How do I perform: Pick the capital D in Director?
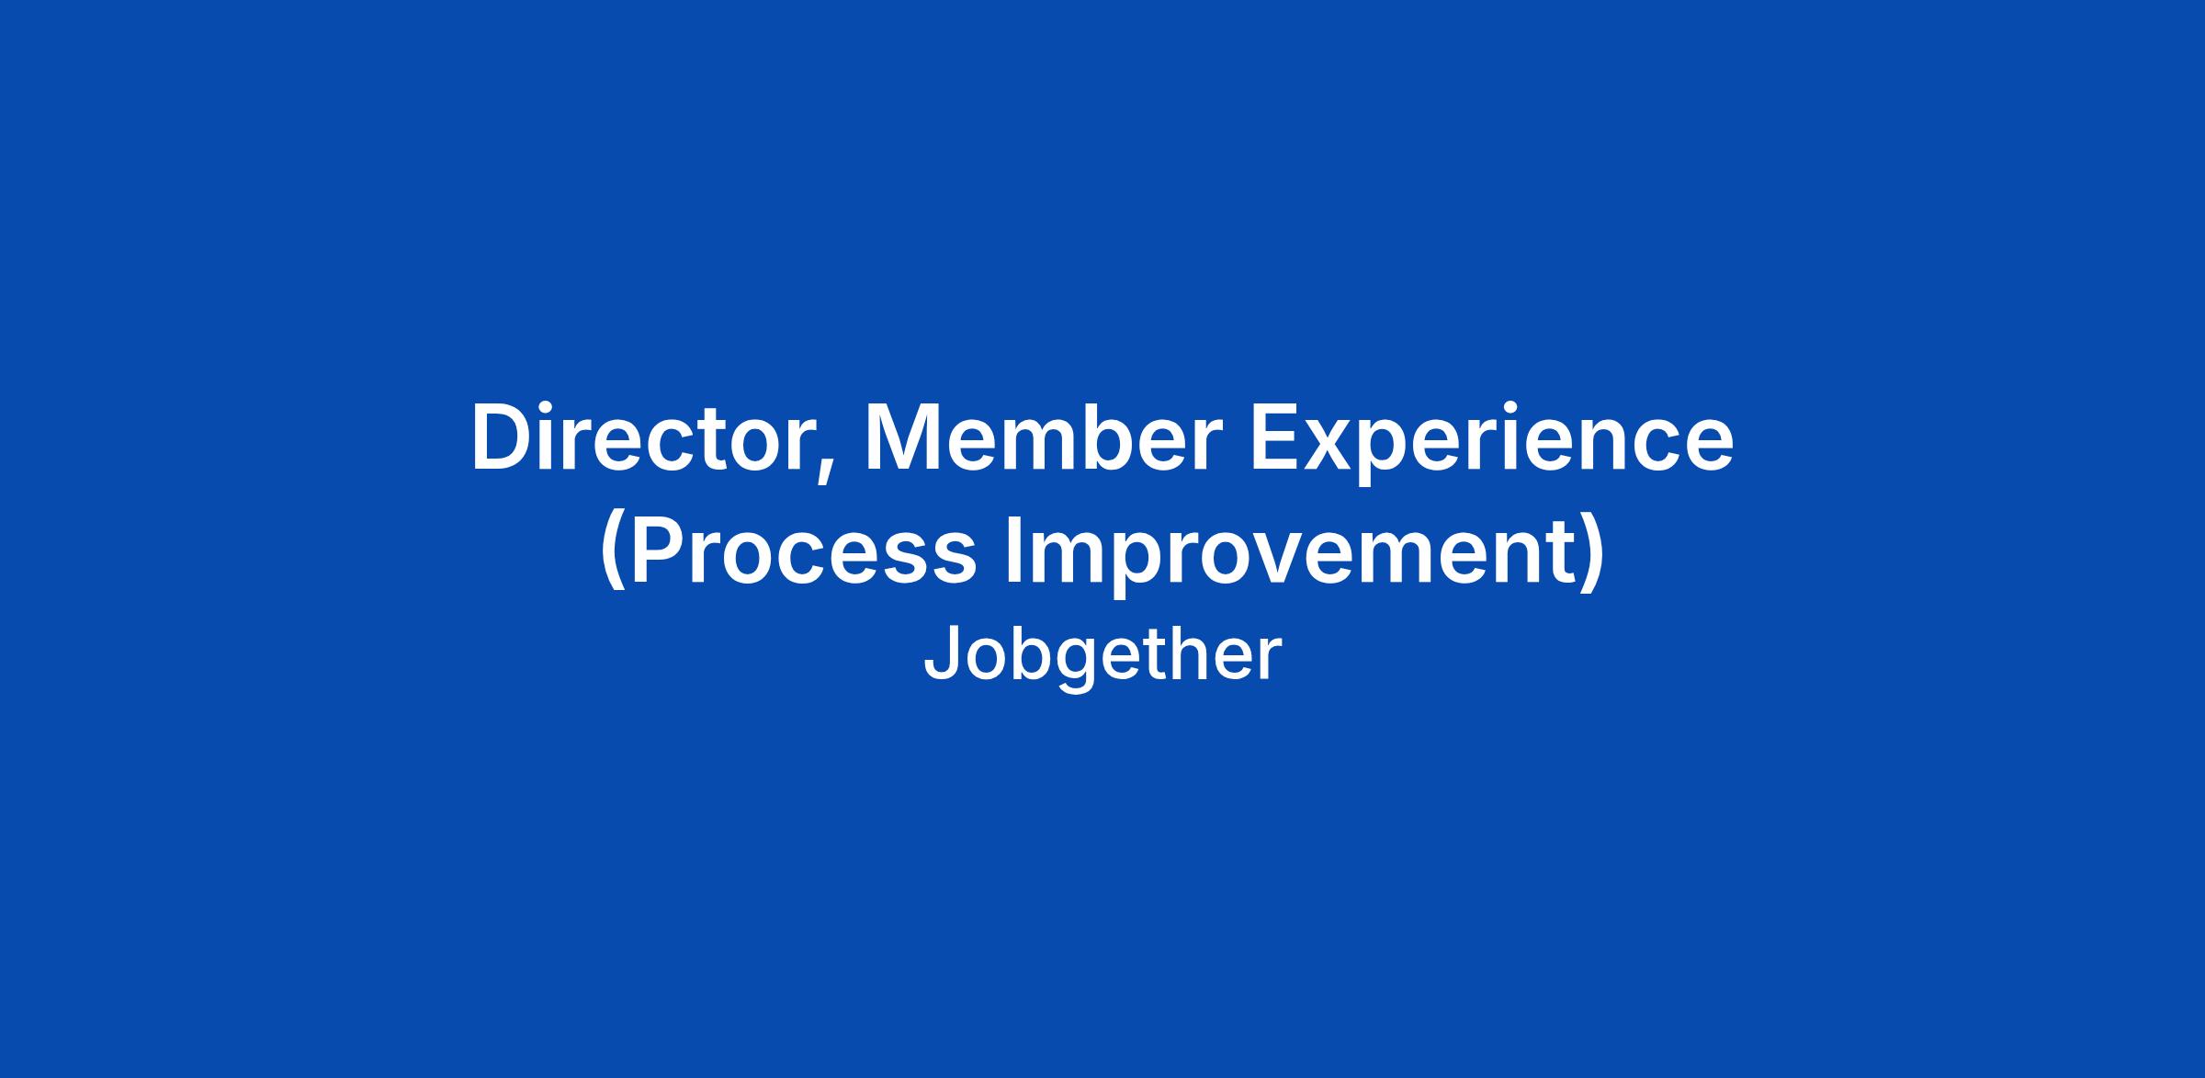coord(502,438)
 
